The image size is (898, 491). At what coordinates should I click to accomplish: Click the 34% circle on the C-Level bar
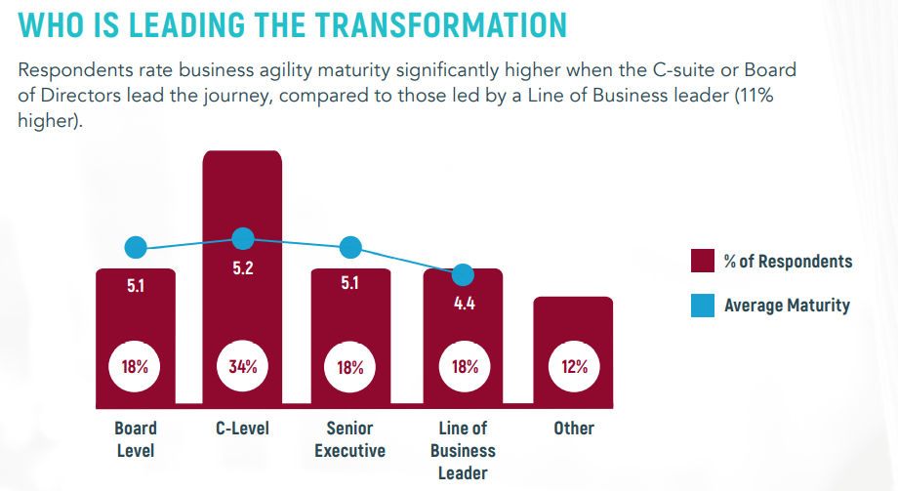click(242, 367)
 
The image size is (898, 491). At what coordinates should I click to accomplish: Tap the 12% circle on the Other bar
click(574, 367)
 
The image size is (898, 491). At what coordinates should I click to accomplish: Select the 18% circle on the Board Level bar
click(135, 367)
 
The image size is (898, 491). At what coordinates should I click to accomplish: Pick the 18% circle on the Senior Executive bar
click(350, 367)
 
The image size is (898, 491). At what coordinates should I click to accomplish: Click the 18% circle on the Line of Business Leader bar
click(465, 367)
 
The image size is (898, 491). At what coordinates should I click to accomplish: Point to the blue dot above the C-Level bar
click(243, 238)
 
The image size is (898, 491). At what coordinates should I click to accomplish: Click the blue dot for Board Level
click(136, 248)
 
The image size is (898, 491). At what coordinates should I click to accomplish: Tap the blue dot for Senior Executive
click(350, 248)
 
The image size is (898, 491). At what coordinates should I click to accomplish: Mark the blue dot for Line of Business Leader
click(464, 274)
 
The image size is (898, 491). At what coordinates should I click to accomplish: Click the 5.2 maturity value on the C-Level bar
click(242, 267)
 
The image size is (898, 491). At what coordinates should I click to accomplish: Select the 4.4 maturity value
click(465, 303)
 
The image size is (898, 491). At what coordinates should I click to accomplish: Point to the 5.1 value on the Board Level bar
click(136, 288)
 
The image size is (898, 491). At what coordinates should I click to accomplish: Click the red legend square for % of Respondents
click(703, 261)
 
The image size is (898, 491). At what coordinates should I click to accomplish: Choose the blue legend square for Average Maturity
click(703, 306)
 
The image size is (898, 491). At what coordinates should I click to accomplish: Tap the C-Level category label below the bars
click(242, 429)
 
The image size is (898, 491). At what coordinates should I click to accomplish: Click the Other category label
click(574, 429)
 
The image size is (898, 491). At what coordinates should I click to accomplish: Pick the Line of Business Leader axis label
click(464, 450)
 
